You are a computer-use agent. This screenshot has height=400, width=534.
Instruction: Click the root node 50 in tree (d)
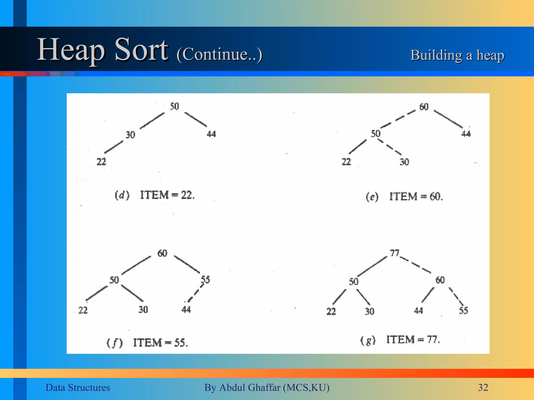(174, 106)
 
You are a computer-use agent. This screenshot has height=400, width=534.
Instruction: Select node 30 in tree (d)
(130, 135)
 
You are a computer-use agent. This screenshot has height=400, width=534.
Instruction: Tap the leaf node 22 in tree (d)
(101, 162)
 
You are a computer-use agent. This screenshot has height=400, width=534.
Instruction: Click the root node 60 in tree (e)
(424, 107)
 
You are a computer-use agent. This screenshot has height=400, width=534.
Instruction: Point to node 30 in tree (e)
(404, 162)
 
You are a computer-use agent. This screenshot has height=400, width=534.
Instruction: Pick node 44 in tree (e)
(466, 134)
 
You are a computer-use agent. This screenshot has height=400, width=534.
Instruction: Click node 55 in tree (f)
(205, 280)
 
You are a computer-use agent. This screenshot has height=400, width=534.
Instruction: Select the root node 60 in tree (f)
(162, 253)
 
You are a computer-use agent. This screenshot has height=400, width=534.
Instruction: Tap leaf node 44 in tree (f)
(186, 309)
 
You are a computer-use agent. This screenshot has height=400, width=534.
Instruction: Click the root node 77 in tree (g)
(395, 253)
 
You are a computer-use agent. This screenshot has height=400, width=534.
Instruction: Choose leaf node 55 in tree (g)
(463, 310)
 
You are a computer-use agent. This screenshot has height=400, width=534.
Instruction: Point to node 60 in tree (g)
(440, 280)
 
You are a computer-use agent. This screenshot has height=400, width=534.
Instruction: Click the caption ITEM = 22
(167, 195)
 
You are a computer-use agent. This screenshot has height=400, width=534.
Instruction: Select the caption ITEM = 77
(413, 340)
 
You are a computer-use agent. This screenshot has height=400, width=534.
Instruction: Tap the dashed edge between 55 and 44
(196, 293)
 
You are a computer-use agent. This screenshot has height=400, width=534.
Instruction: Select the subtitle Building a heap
(457, 55)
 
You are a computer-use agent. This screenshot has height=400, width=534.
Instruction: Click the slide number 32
(483, 387)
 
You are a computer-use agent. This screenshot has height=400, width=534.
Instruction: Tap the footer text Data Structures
(78, 387)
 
